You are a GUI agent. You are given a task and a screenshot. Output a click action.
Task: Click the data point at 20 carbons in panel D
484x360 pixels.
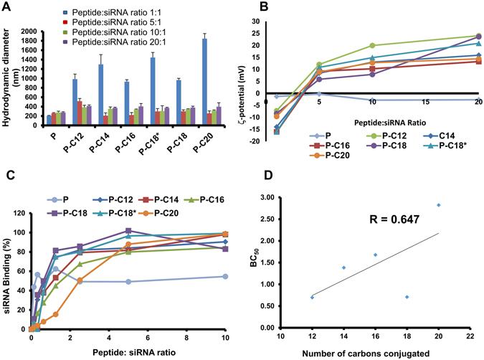click(x=440, y=205)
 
